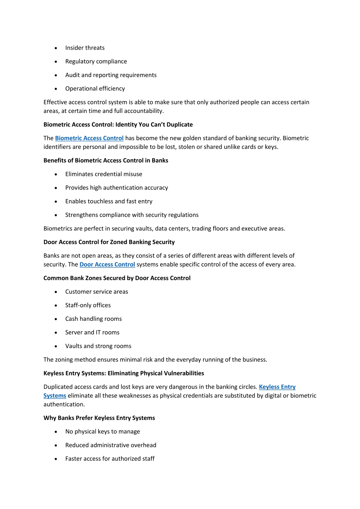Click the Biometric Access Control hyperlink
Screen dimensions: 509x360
click(x=89, y=138)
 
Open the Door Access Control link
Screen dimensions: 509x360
click(x=107, y=265)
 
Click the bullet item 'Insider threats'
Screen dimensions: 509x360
click(x=85, y=48)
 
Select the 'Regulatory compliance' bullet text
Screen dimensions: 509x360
click(x=96, y=62)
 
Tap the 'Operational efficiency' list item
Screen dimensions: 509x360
click(x=95, y=89)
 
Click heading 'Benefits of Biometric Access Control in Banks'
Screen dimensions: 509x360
click(x=106, y=160)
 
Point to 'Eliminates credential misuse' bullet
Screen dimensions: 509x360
click(x=103, y=174)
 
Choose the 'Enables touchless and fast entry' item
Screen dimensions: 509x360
click(x=109, y=201)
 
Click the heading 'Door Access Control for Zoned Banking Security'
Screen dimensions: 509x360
click(x=109, y=242)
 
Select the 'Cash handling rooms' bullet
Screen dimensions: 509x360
click(x=93, y=319)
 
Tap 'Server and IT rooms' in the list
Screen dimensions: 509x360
click(x=92, y=332)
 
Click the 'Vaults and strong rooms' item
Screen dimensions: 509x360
click(x=98, y=346)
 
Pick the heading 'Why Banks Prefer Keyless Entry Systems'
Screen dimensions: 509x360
click(x=99, y=418)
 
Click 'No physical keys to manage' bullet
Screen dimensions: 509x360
click(x=102, y=432)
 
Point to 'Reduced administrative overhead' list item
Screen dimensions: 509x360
click(x=110, y=445)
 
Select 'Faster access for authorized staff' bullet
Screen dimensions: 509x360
click(x=110, y=459)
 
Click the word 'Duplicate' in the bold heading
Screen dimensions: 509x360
click(x=179, y=125)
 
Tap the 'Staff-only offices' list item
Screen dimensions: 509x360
click(x=88, y=305)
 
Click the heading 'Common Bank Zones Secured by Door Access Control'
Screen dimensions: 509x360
click(x=117, y=278)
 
